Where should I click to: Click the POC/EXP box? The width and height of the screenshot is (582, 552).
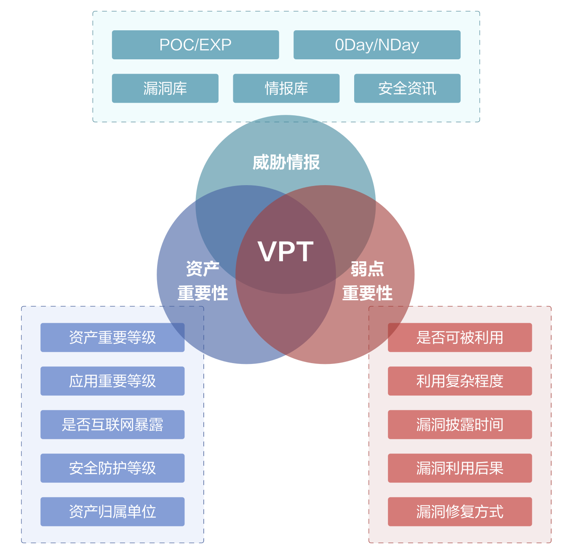click(x=195, y=45)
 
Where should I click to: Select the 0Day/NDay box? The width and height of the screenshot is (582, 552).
click(x=377, y=45)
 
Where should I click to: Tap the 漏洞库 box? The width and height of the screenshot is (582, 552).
click(x=165, y=88)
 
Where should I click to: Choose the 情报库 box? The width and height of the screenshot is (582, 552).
click(x=286, y=88)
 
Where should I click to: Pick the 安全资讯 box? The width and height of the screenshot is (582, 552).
click(x=407, y=88)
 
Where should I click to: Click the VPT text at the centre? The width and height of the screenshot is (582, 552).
click(x=286, y=252)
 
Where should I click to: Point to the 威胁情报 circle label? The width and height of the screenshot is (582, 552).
click(x=286, y=162)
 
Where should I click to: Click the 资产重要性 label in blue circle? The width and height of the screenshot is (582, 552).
click(x=203, y=281)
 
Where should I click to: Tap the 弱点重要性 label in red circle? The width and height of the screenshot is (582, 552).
click(x=367, y=281)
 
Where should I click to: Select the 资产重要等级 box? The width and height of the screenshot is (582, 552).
click(x=112, y=337)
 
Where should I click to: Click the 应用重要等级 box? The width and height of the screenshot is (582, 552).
click(x=112, y=381)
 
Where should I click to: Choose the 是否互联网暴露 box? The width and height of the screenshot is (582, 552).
click(x=112, y=425)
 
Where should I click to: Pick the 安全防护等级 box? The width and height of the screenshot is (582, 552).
click(x=112, y=468)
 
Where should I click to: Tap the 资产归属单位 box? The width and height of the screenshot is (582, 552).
click(x=112, y=512)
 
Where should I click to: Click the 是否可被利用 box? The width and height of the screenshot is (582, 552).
click(x=460, y=337)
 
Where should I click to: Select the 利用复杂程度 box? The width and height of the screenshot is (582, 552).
click(x=460, y=381)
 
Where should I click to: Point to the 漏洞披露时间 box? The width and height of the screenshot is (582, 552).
click(x=460, y=425)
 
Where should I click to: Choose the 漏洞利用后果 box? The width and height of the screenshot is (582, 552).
click(x=460, y=468)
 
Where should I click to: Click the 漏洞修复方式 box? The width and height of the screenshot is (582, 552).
click(x=460, y=512)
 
